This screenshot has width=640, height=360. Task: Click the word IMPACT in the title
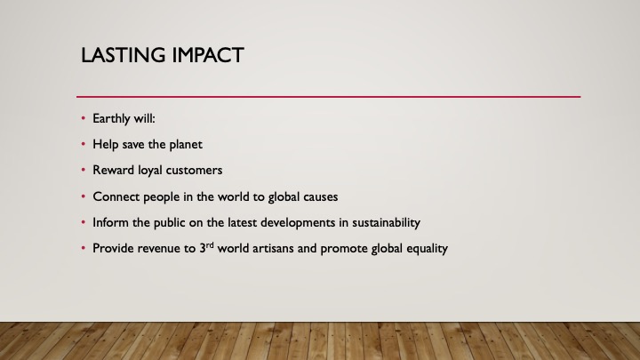208,55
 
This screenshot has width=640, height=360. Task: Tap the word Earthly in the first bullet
109,119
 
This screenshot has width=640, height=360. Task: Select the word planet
186,145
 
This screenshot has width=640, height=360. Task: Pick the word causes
320,196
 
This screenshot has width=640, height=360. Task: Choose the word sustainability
386,223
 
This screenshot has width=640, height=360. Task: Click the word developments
298,223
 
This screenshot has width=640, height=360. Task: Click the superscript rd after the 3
210,245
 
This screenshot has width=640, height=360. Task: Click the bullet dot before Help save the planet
84,144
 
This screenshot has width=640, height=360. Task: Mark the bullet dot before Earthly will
84,118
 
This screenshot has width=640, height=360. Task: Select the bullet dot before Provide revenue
84,248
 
